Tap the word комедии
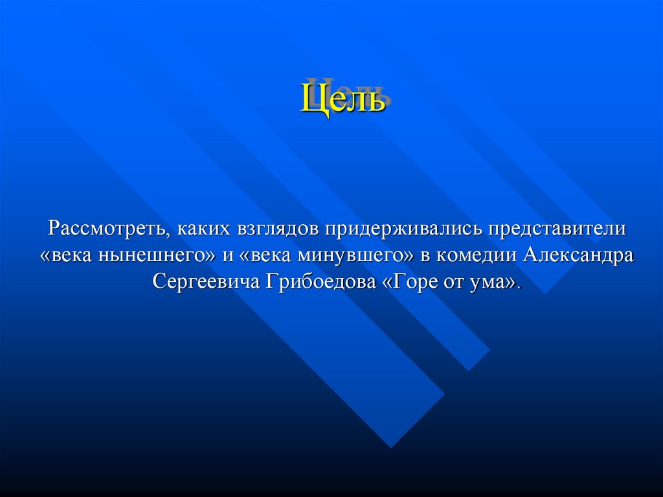[476, 255]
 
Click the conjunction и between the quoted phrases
[227, 255]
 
